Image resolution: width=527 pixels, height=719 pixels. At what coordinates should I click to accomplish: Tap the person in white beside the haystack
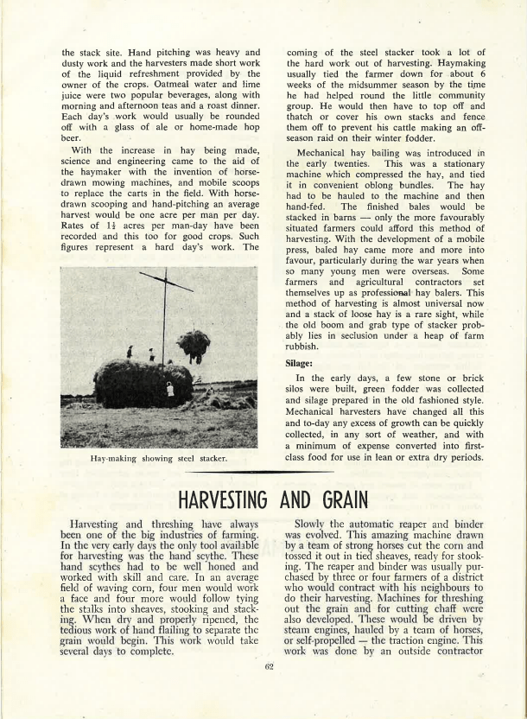point(169,390)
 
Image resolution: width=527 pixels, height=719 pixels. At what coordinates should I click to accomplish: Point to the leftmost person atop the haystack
point(130,353)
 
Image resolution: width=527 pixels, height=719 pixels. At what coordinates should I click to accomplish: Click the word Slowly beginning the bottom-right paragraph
point(315,525)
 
